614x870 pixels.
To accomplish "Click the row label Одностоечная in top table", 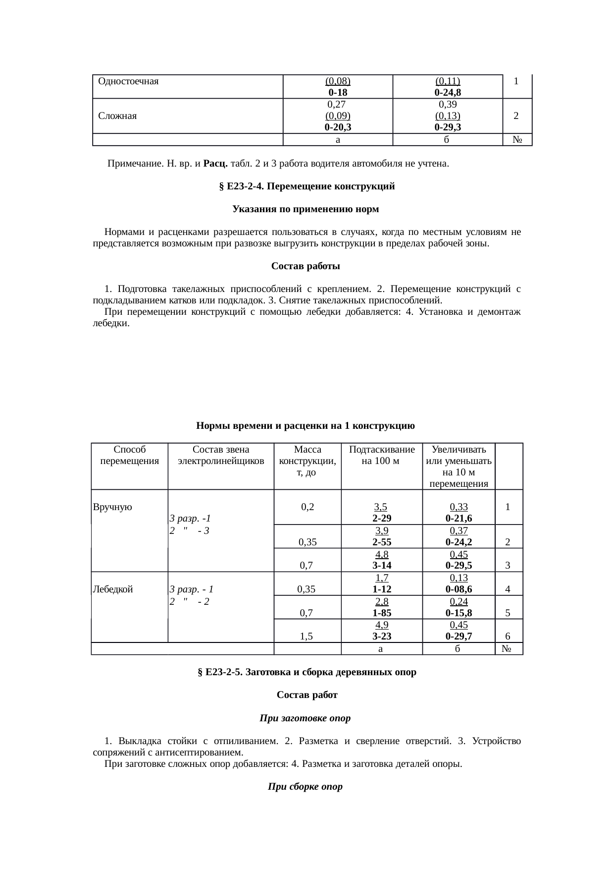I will tap(128, 81).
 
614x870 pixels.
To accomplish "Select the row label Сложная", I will tap(117, 116).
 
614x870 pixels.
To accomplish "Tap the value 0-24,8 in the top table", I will tap(448, 92).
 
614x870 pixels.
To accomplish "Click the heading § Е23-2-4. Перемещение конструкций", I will tap(307, 186).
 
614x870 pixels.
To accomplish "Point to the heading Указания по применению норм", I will tap(306, 209).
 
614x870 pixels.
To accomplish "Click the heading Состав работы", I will tap(306, 266).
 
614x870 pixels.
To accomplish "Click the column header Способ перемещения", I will tap(129, 455).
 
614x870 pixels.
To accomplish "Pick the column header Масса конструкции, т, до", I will tap(307, 461).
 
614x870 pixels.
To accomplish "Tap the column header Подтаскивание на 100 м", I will tap(381, 455).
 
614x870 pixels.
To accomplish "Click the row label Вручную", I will tap(112, 507).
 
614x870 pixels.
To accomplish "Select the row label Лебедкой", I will tap(112, 589).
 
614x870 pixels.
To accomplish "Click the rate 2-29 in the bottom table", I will tap(381, 519).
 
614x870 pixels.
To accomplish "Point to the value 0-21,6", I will tap(458, 519).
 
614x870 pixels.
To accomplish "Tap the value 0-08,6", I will tap(458, 589).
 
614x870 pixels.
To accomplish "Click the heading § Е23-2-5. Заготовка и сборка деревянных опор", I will tap(307, 672).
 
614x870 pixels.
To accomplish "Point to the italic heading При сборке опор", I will tap(305, 787).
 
